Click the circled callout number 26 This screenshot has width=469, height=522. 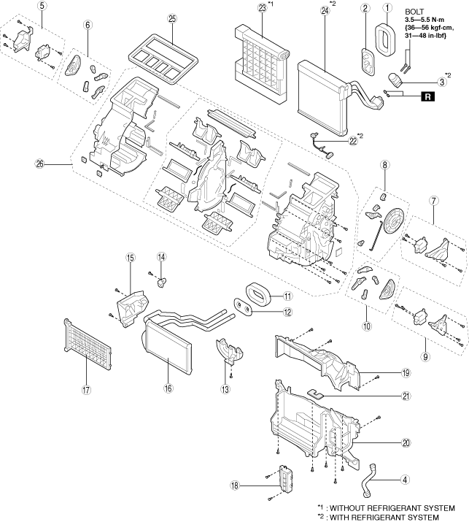click(x=40, y=164)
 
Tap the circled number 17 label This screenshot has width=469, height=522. click(x=86, y=390)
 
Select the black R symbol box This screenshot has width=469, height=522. click(x=427, y=96)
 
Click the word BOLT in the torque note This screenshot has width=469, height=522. click(x=414, y=12)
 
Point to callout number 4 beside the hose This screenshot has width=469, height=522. click(x=405, y=480)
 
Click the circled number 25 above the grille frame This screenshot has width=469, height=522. click(x=172, y=19)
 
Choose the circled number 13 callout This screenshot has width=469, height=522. click(x=225, y=389)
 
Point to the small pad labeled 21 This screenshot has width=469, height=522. click(x=315, y=394)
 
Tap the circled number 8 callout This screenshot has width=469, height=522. click(x=384, y=164)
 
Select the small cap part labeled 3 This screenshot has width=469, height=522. click(x=395, y=80)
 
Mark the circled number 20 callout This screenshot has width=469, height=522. click(x=406, y=442)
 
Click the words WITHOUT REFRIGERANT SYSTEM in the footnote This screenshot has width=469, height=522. click(x=392, y=508)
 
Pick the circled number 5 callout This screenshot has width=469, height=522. click(x=42, y=6)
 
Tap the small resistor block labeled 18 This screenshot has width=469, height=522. click(x=286, y=477)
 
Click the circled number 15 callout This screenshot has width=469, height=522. click(x=130, y=257)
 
